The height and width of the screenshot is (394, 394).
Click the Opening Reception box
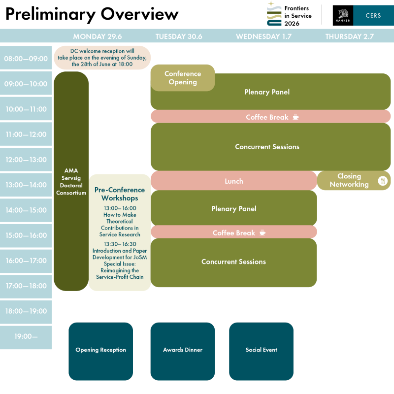pos(100,350)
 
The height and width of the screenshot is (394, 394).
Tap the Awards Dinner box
pos(183,350)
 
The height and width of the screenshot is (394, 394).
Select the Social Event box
pos(261,350)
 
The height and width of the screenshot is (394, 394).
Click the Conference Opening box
pos(183,78)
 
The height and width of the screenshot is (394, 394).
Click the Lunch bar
pos(234,181)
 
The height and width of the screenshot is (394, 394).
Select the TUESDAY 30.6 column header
pos(179,36)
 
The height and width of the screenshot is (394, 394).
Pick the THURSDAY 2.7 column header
pos(349,36)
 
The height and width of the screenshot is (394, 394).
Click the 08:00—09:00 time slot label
pos(26,59)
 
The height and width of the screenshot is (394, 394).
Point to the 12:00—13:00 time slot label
pos(26,160)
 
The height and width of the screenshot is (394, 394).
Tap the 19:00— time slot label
pos(26,337)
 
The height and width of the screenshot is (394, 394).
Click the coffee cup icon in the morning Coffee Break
pos(295,117)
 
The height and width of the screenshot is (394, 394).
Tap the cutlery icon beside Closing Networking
pos(383,181)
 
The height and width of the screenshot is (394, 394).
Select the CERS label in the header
pos(373,15)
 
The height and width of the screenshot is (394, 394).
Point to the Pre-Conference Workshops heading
pos(120,194)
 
